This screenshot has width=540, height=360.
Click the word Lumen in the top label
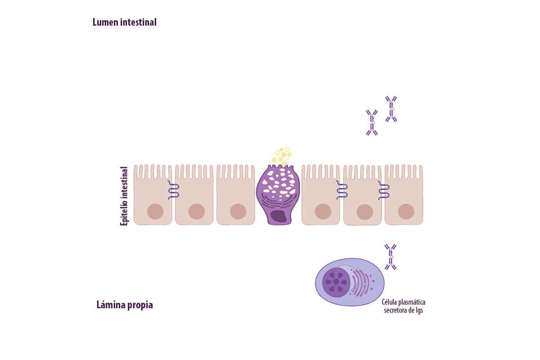coord(106,22)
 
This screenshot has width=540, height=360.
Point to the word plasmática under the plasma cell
coord(410,302)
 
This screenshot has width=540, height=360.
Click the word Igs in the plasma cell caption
coord(417,310)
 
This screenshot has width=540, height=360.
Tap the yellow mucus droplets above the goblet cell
coord(281,155)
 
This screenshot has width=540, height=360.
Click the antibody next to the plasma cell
coord(391,257)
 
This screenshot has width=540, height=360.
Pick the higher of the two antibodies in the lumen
coord(391,109)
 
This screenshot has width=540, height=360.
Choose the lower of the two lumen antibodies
coord(372,122)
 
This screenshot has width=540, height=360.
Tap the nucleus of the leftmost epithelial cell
coord(155,211)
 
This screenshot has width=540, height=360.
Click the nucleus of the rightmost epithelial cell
coord(406,211)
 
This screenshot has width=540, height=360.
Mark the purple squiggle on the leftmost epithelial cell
coord(174,190)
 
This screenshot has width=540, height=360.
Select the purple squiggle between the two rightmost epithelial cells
coord(384,190)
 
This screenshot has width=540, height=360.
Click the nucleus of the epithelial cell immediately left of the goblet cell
coord(238,211)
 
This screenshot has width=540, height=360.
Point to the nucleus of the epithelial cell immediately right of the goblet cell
coord(323,211)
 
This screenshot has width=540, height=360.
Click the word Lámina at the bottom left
coord(108,305)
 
